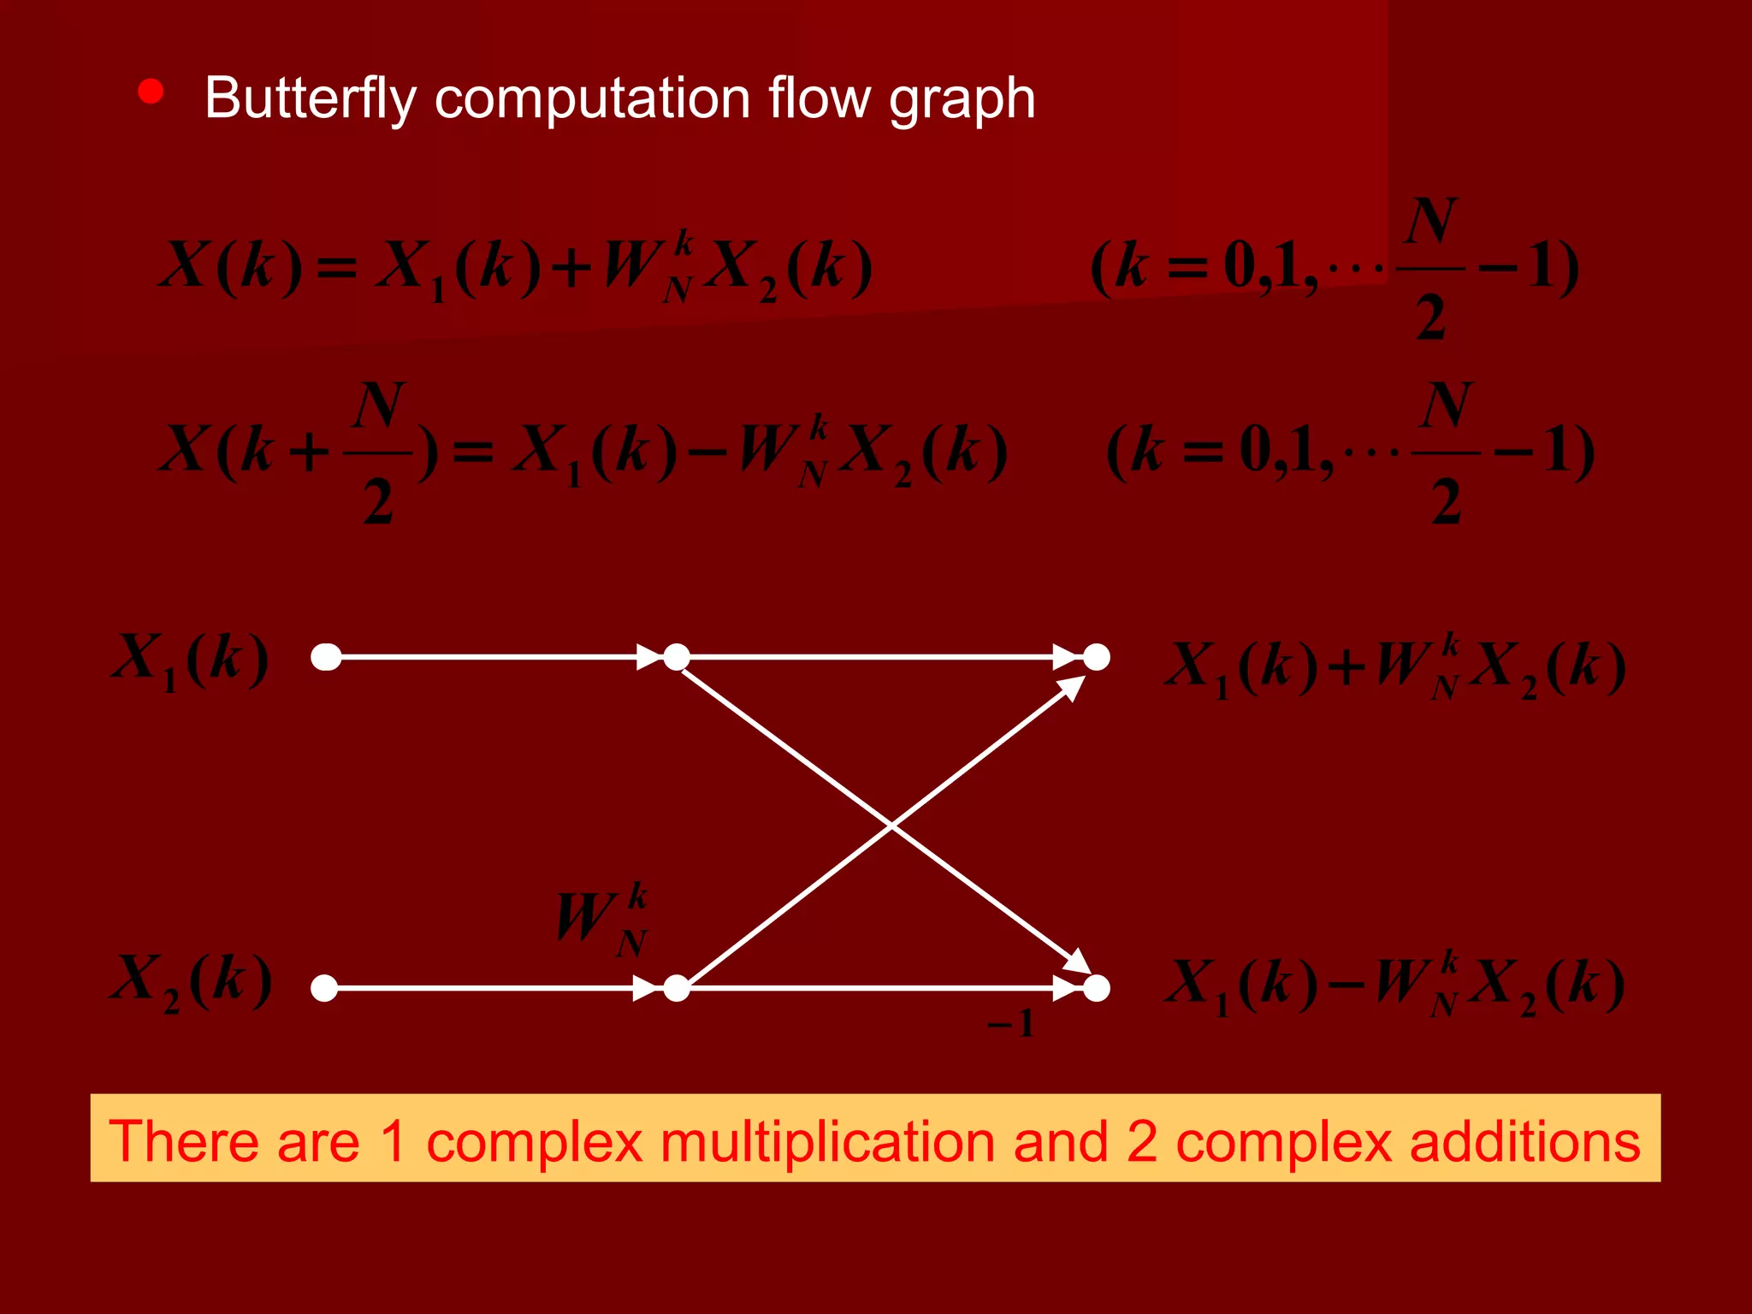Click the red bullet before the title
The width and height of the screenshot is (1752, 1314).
(x=151, y=92)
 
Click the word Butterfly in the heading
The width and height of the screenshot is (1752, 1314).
(x=310, y=98)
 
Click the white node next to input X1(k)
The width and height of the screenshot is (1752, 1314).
(x=326, y=657)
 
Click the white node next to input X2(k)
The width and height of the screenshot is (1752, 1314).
(x=324, y=988)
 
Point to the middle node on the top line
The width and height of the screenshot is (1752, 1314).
(x=677, y=657)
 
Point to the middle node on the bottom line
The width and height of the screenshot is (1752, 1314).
(x=677, y=988)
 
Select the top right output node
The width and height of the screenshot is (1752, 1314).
(x=1097, y=657)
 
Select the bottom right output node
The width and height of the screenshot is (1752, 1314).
(x=1097, y=988)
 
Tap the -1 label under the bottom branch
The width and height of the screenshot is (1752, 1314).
(x=1011, y=1023)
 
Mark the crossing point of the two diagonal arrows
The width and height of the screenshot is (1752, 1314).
(x=891, y=826)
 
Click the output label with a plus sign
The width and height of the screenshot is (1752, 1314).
(x=1394, y=666)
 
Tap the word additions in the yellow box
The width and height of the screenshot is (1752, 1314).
(x=1524, y=1141)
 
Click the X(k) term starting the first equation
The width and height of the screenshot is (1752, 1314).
(x=231, y=265)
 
